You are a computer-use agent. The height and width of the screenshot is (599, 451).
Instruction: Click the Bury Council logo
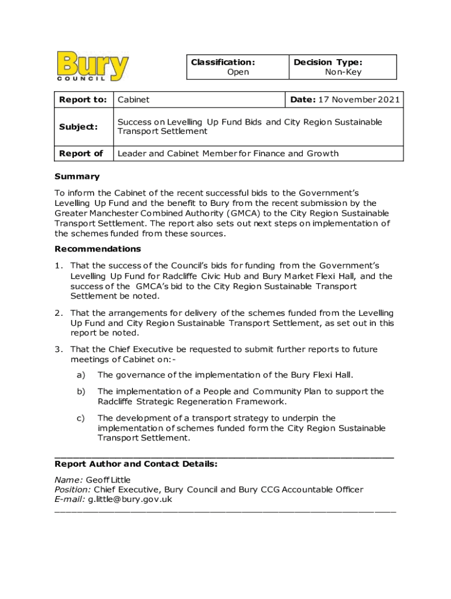[x=93, y=66]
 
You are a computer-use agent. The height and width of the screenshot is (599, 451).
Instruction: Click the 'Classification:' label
[x=222, y=62]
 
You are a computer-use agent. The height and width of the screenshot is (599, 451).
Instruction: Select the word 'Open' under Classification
[x=238, y=72]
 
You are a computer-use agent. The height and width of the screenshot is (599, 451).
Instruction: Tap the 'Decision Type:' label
[x=328, y=62]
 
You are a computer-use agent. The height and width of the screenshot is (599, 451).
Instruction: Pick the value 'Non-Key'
[x=343, y=72]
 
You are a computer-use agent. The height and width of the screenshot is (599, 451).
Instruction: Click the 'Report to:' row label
[x=83, y=100]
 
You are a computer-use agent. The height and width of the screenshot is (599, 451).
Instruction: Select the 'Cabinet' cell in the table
[x=134, y=100]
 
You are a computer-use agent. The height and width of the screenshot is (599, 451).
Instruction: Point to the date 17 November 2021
[x=359, y=100]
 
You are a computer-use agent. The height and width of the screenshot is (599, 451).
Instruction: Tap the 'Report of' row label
[x=81, y=153]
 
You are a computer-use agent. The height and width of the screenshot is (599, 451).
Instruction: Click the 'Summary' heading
[x=77, y=177]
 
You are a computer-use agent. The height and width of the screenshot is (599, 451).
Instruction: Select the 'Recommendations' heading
[x=98, y=249]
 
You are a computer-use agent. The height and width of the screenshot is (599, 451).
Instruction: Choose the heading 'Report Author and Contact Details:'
[x=136, y=464]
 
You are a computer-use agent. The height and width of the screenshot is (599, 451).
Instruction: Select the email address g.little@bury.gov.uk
[x=130, y=500]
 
